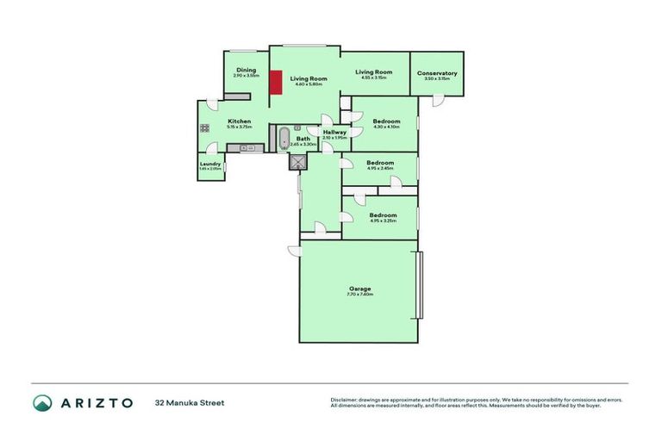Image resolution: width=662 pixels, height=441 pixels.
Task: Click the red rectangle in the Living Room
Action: (x=276, y=84)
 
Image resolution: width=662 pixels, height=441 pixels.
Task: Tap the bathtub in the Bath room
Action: (x=284, y=138)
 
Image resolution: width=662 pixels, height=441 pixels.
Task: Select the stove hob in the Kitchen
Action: (x=205, y=128)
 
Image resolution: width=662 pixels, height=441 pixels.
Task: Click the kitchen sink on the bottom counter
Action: (x=245, y=148)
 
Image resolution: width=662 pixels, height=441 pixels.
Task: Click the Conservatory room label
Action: (x=437, y=73)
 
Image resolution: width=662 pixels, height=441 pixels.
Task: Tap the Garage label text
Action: (x=359, y=289)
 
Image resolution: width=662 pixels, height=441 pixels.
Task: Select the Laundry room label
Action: (x=210, y=164)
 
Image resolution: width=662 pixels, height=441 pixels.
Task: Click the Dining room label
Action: (x=247, y=70)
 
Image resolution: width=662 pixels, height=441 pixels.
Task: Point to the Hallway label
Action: (x=334, y=132)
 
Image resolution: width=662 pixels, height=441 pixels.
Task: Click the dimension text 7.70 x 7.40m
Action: (x=359, y=295)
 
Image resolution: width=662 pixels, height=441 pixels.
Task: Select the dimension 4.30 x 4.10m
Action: (x=386, y=127)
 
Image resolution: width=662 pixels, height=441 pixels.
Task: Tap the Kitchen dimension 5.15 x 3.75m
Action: (x=239, y=127)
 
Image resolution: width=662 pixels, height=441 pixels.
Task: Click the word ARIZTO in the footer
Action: (x=96, y=402)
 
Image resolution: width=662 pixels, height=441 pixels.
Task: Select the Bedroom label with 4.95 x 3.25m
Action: (x=383, y=214)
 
